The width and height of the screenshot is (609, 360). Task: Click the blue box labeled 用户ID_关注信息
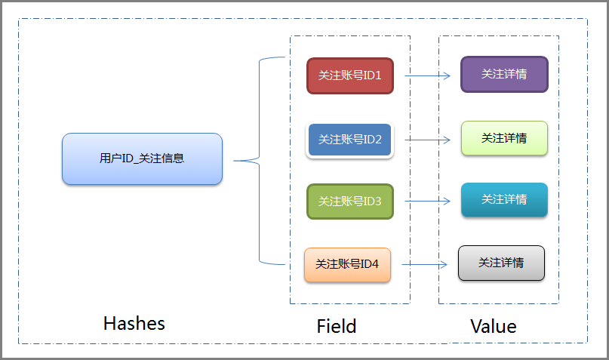point(142,158)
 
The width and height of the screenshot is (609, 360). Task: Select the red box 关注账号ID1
point(350,75)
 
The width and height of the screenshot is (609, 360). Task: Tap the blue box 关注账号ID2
point(349,140)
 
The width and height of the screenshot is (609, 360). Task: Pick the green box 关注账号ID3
point(350,202)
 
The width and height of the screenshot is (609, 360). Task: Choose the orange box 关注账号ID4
point(347,264)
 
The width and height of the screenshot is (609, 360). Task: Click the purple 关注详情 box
point(504,75)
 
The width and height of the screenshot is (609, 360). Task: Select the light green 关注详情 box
point(504,138)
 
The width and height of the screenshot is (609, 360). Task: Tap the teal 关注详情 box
point(504,199)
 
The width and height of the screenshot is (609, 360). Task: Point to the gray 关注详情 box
point(501,263)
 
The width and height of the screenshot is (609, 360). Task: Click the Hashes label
point(134,324)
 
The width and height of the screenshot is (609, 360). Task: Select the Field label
point(336,327)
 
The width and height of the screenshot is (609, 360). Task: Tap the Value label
point(494,327)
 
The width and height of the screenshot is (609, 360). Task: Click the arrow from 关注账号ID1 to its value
point(428,76)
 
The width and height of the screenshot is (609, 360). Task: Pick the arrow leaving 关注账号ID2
point(429,140)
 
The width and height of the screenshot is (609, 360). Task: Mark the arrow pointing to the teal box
point(429,202)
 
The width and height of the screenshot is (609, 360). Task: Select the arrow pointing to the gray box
point(425,264)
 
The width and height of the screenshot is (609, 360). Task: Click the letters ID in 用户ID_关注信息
point(128,158)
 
